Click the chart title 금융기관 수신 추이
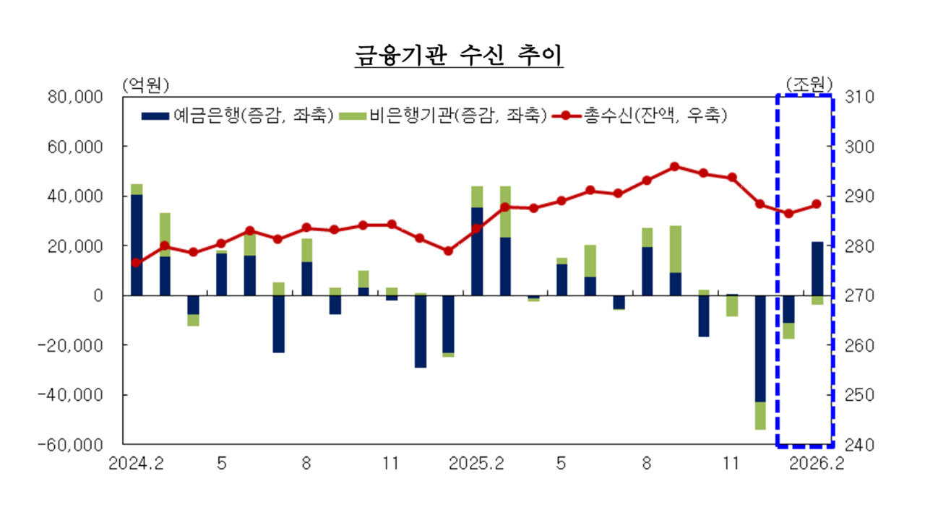[459, 56]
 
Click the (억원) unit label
[146, 84]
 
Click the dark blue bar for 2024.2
[137, 245]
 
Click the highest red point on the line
[674, 166]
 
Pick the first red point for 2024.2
[137, 263]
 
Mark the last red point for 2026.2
[817, 204]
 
